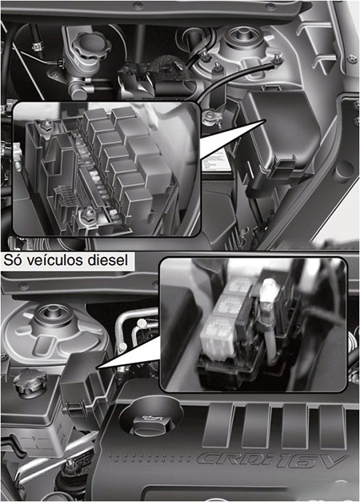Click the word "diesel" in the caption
tap(107, 260)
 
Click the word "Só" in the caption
tap(13, 260)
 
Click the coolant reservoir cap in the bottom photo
tap(30, 383)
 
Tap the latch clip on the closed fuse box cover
tap(282, 167)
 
